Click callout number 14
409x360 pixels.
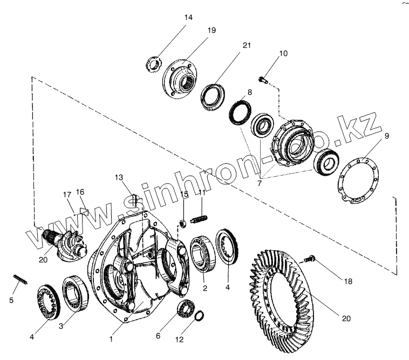(x=188, y=17)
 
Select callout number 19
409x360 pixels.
(x=211, y=31)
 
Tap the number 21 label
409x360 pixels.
(x=247, y=46)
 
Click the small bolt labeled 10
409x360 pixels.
(x=263, y=80)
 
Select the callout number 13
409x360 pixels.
(x=119, y=177)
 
